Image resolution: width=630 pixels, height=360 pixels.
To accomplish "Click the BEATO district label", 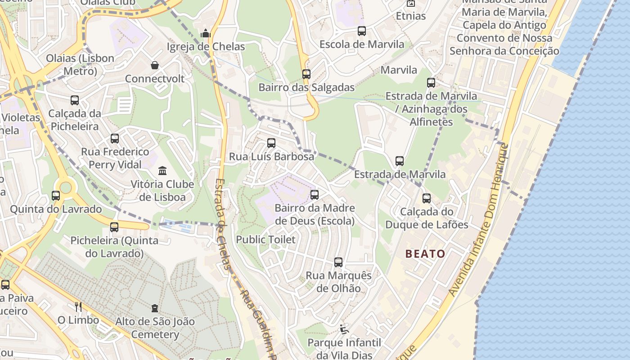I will pos(425,254).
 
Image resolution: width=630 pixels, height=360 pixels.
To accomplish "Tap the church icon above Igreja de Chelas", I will pos(206,33).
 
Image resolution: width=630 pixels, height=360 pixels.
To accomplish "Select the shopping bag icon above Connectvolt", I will pos(155,66).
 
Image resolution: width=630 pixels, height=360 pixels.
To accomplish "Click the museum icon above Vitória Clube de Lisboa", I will pos(162,171).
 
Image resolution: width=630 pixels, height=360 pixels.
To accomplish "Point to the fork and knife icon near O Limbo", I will pos(78,307).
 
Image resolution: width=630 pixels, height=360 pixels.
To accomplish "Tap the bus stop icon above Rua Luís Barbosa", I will pos(271,143).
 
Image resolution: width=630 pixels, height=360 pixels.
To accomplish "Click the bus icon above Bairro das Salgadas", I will pos(306,74).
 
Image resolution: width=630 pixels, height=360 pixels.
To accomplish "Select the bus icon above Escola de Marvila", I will pos(362,31).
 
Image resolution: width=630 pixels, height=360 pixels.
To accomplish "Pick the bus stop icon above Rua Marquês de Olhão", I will pos(338,262).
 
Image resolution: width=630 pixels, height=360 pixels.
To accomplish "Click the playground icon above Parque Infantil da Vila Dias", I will pos(344,329).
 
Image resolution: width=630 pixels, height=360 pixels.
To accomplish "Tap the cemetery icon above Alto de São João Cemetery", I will pos(155,308).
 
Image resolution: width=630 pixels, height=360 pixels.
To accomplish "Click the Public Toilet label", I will pos(266,239).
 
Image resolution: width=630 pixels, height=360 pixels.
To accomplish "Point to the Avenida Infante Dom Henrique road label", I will pos(478,220).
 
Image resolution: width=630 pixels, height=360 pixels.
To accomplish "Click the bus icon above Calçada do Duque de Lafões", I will pos(427,198).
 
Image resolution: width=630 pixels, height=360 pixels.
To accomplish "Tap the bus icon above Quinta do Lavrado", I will pos(56,196).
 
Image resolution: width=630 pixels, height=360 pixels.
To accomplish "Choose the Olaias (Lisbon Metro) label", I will pos(74,65).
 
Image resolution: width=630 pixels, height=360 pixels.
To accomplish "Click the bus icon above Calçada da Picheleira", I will pos(75,100).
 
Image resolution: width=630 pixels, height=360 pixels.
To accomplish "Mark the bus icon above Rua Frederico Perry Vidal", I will pos(115,139).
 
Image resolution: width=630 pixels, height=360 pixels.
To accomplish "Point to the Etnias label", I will pos(410,16).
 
